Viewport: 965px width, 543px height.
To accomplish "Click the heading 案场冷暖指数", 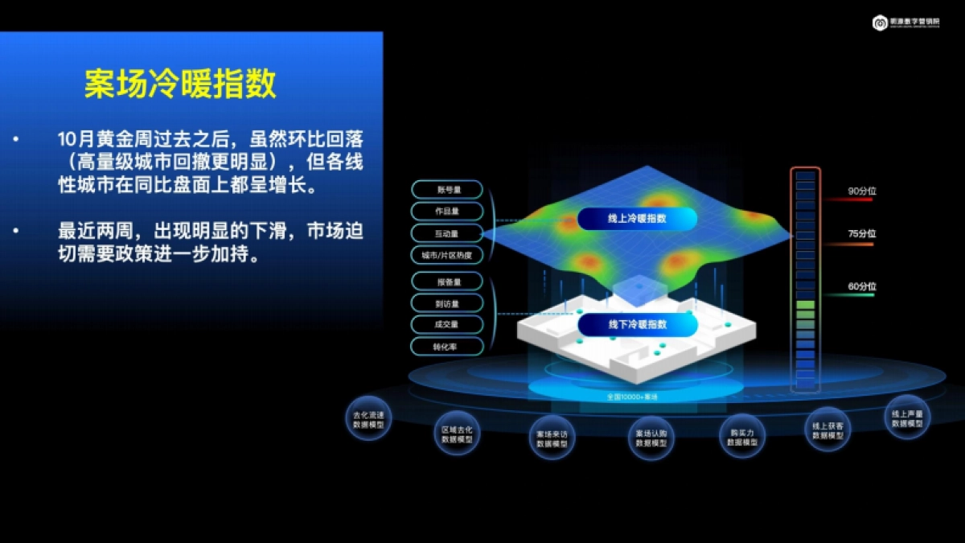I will [180, 83].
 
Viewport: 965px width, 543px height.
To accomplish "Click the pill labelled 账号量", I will [447, 190].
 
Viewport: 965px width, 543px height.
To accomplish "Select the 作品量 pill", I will [447, 212].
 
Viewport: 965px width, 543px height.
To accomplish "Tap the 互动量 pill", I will [447, 233].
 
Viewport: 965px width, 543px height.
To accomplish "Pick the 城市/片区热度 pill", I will [447, 256].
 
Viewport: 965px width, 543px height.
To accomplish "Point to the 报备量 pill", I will [447, 282].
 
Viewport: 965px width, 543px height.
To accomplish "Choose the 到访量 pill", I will [447, 303].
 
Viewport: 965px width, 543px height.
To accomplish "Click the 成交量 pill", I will [447, 324].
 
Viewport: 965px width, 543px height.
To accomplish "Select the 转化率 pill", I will [447, 347].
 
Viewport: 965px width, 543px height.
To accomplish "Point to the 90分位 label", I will [861, 191].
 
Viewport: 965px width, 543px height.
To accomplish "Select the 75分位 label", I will [861, 234].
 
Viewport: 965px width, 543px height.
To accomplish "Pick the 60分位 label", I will [861, 286].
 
